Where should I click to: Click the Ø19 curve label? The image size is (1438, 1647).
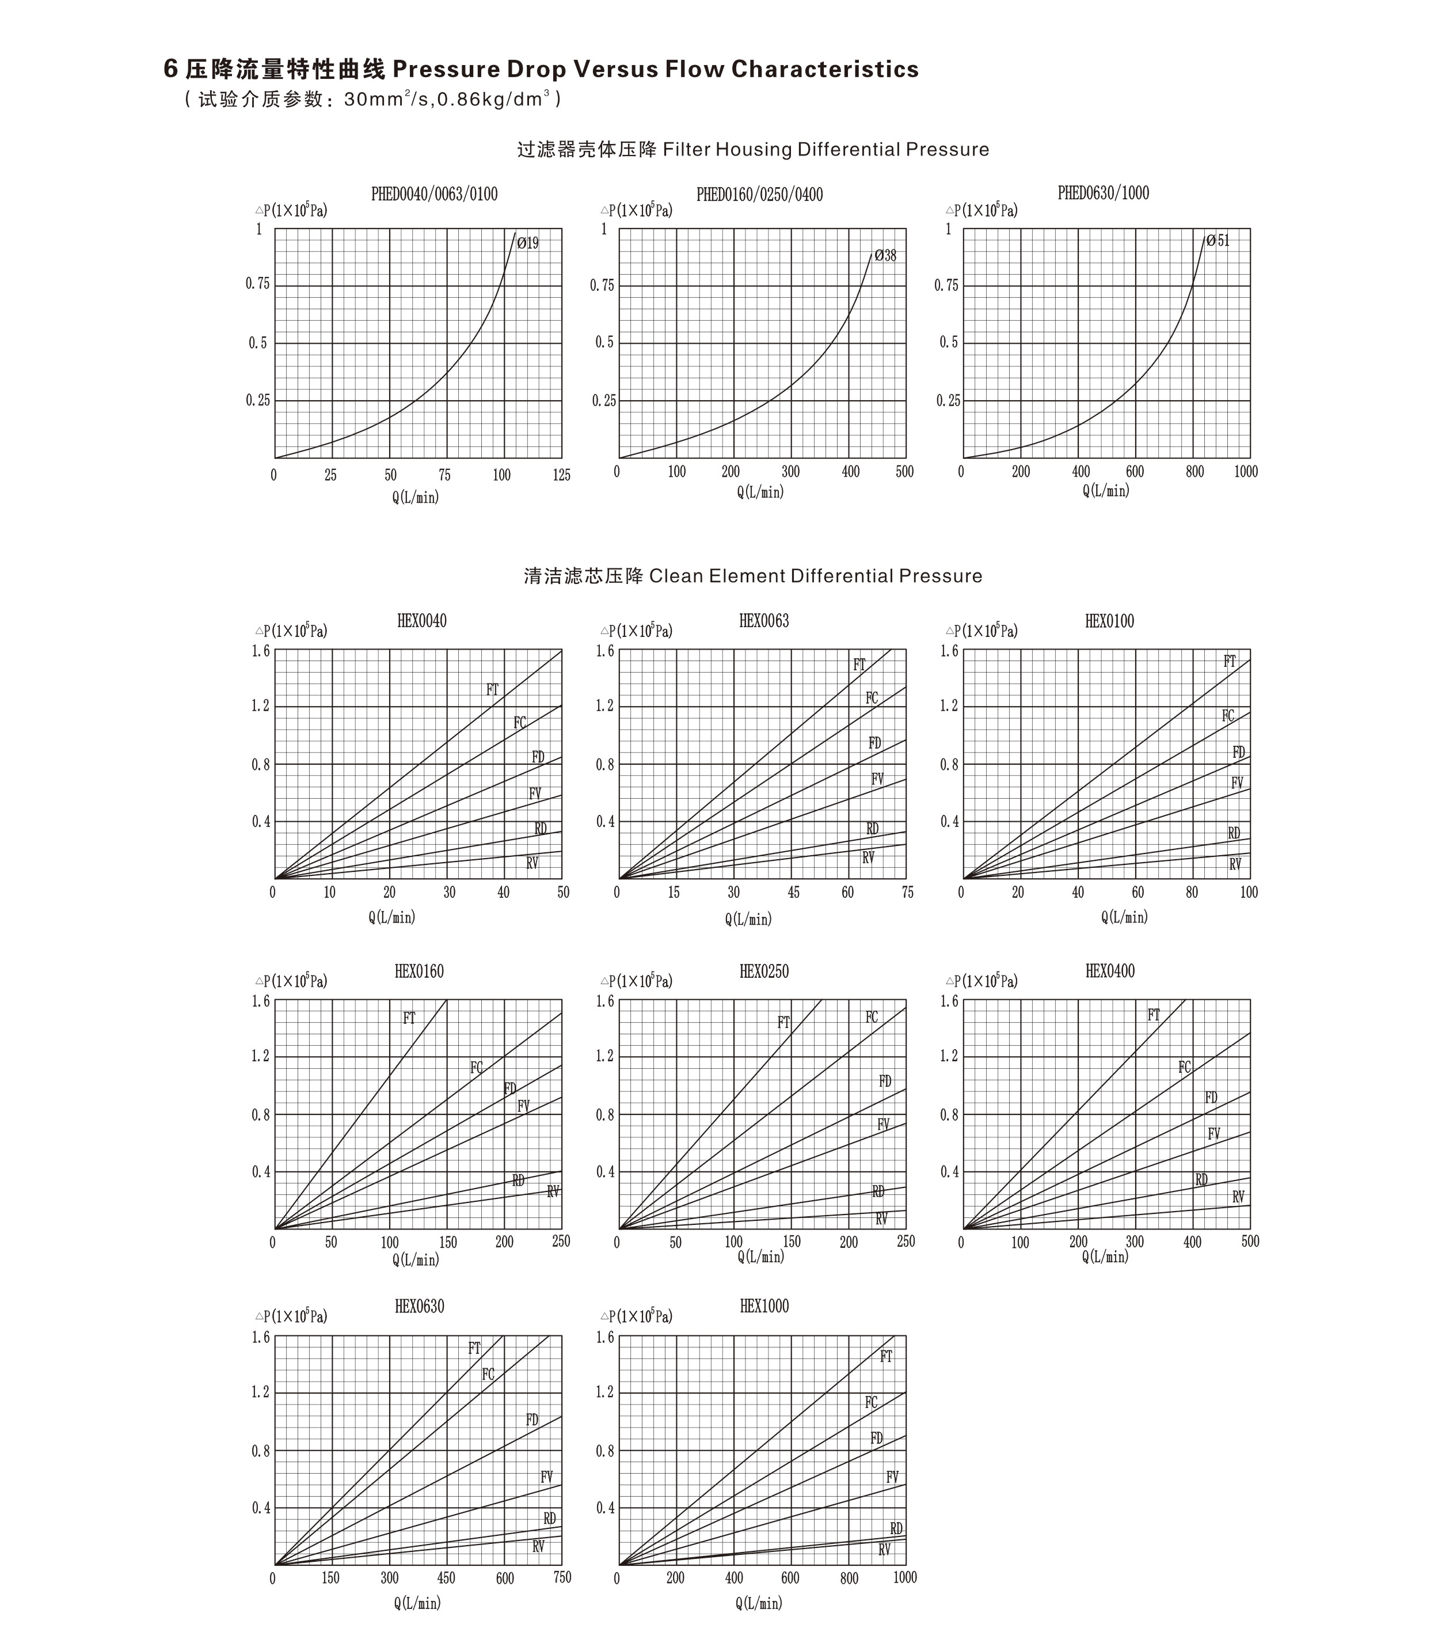[528, 243]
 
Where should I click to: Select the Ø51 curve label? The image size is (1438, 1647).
[1218, 241]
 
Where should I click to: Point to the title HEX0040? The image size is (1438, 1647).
[421, 620]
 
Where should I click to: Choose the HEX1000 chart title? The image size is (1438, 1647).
[764, 1306]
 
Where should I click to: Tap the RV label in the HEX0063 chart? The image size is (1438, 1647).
[868, 858]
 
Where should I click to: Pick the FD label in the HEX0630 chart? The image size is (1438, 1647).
[532, 1420]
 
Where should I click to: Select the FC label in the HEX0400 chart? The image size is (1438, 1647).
[1185, 1068]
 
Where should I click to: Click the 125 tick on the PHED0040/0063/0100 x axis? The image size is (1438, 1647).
[562, 475]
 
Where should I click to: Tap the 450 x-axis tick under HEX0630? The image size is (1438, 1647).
[446, 1578]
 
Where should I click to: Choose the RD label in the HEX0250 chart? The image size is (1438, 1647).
[878, 1192]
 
